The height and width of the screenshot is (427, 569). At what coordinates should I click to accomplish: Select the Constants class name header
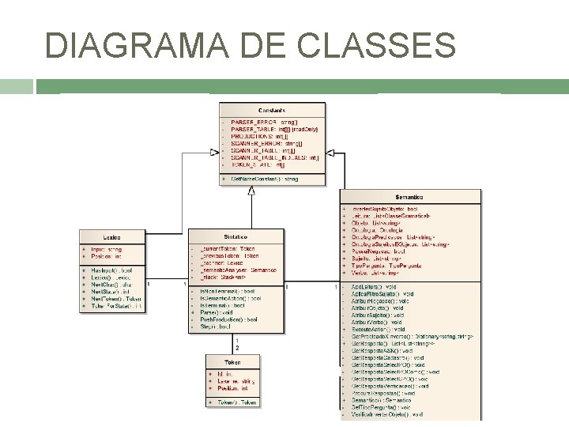[271, 111]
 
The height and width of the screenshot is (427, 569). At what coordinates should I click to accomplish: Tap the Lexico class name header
[111, 236]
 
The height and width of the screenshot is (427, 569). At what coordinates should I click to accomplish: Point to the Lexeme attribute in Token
[234, 382]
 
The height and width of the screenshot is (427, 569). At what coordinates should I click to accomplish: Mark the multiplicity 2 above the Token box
[237, 348]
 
